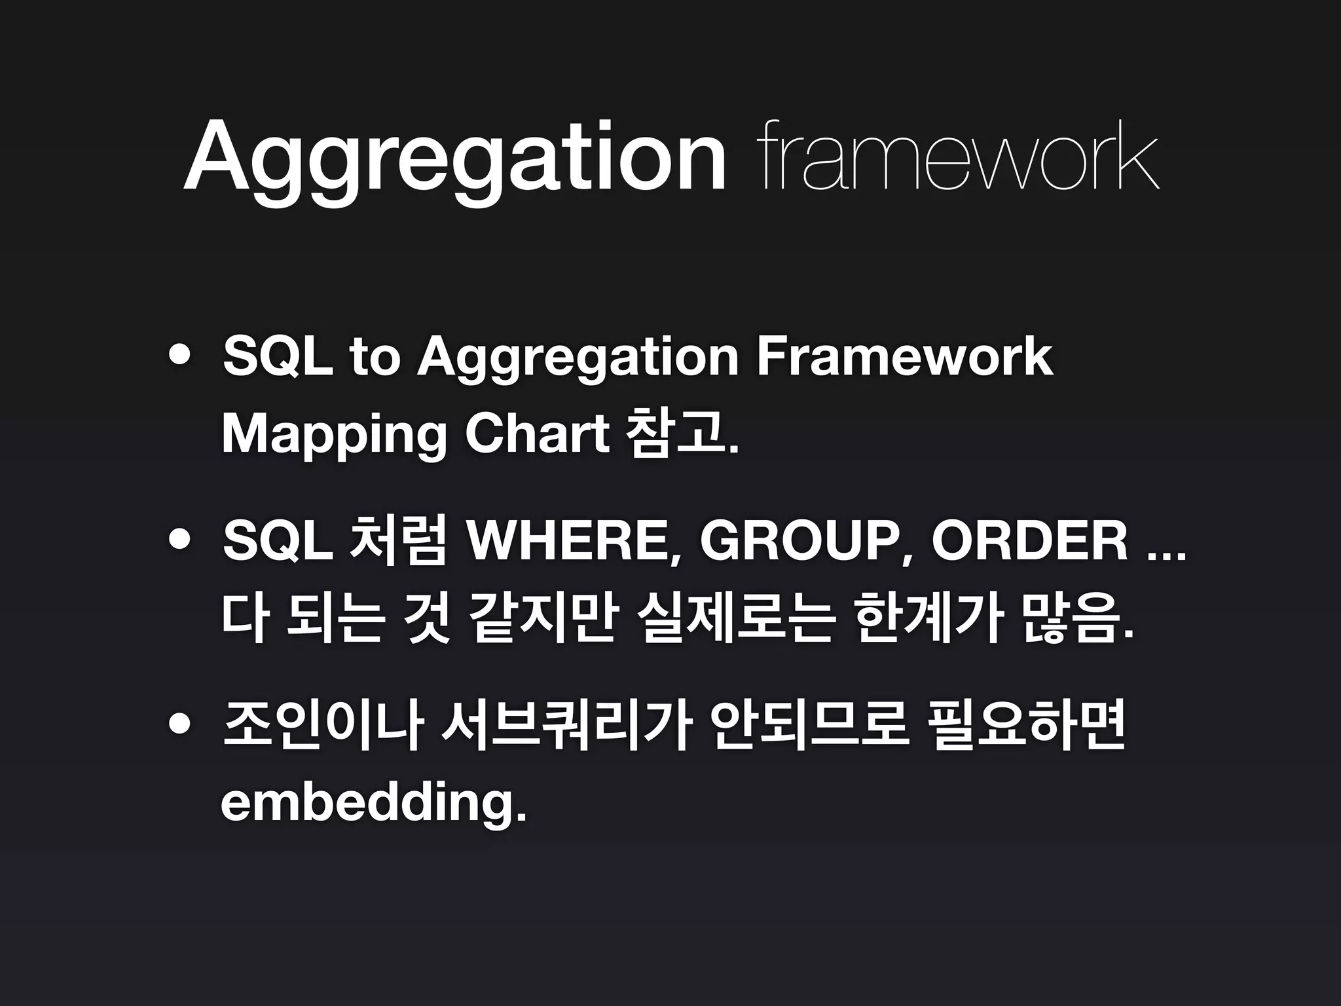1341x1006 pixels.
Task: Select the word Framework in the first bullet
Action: coord(905,357)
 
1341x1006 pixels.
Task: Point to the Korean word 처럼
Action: coord(398,542)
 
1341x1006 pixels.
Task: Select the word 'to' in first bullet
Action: coord(374,357)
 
